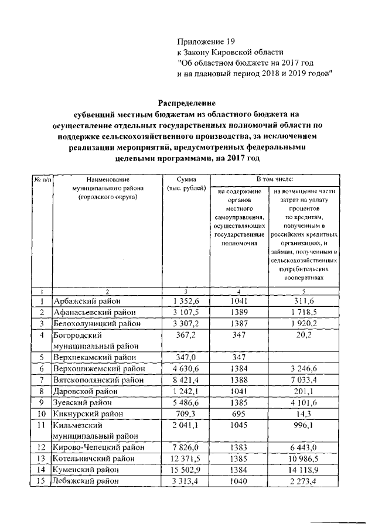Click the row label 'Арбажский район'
[88, 302]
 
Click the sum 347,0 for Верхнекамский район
[185, 357]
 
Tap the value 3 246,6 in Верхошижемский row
[304, 368]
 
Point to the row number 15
[42, 481]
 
